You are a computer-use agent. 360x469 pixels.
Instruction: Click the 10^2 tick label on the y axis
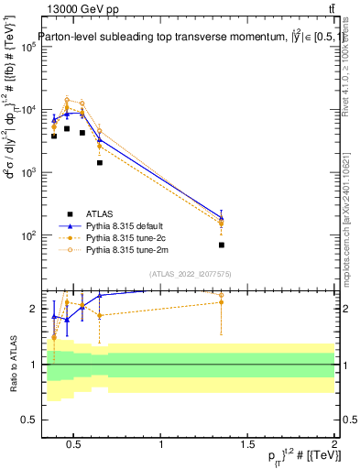(x=29, y=235)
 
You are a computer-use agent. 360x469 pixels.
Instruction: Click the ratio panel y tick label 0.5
(x=30, y=420)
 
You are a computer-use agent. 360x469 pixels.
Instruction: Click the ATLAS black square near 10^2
(x=222, y=245)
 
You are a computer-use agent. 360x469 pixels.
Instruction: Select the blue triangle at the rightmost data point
(x=222, y=218)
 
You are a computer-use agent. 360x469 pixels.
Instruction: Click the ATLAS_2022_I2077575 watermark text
(x=191, y=273)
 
